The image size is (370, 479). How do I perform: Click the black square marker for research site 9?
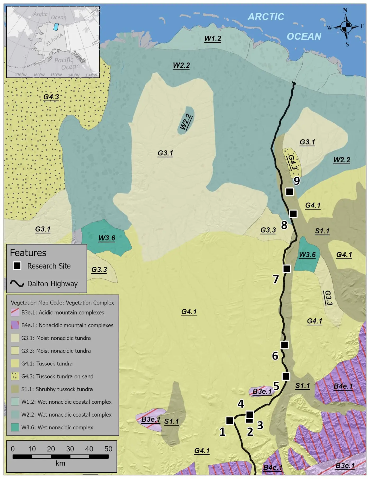click(290, 192)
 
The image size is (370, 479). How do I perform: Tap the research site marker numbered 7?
click(287, 269)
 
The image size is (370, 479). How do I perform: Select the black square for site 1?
click(230, 420)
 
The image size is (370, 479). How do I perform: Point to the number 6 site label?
click(275, 356)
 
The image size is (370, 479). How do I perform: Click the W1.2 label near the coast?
click(213, 39)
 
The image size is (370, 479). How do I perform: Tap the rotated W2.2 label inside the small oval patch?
click(186, 122)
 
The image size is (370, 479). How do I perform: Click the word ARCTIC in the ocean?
click(266, 17)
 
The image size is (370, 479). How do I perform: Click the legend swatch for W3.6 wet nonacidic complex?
click(15, 427)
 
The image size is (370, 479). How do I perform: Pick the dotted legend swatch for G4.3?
click(15, 376)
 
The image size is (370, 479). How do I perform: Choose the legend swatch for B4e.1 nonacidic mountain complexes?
click(15, 325)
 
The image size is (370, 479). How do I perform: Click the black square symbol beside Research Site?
click(17, 266)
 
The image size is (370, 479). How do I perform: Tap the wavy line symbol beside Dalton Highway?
click(17, 284)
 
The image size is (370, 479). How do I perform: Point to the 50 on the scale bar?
click(108, 449)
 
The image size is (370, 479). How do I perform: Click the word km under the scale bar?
click(60, 463)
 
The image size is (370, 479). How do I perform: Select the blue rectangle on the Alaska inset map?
click(56, 27)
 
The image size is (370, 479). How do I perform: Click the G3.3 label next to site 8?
click(268, 230)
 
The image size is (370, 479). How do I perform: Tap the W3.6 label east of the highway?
click(307, 255)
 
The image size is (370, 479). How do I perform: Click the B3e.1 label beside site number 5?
click(262, 392)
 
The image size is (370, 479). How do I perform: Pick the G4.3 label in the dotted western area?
click(51, 97)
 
